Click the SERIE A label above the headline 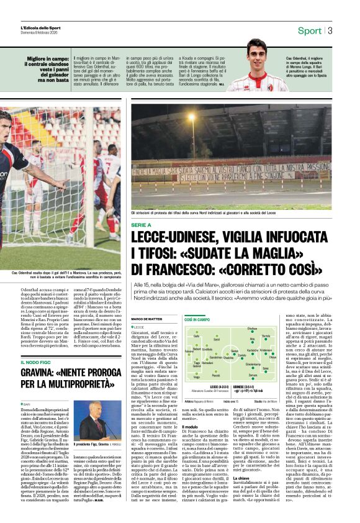pos(141,224)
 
